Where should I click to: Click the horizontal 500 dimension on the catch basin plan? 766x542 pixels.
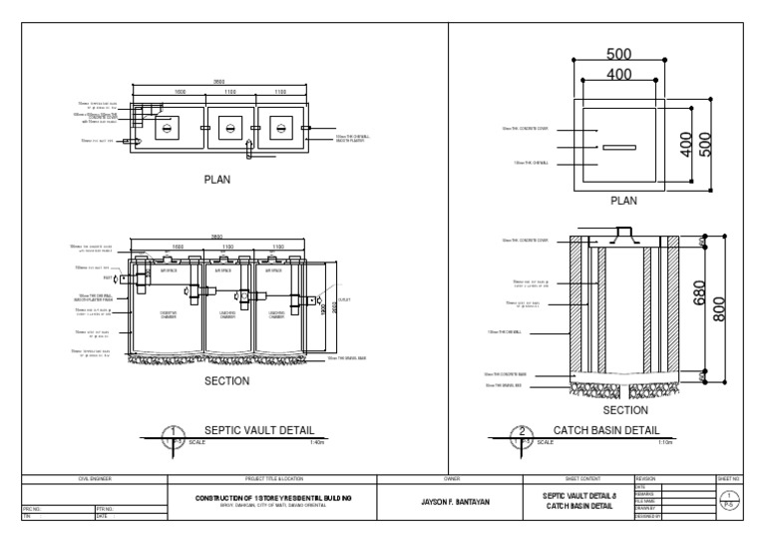(x=617, y=55)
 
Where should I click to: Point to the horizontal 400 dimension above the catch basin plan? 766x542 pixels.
(x=617, y=74)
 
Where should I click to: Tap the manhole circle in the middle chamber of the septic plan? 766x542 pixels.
(x=229, y=128)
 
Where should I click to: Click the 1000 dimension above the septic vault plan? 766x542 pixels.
(x=181, y=92)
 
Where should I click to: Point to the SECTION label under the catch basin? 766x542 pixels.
(x=626, y=409)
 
